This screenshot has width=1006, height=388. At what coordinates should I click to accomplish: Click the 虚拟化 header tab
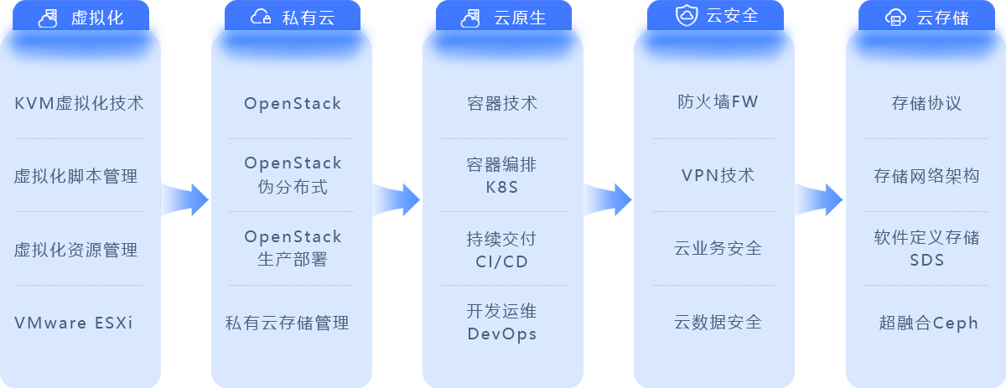(81, 17)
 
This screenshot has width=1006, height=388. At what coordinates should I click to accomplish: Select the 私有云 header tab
(293, 17)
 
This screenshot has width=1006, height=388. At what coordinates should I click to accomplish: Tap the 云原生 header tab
(504, 17)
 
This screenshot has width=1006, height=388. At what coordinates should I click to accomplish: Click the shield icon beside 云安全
(686, 16)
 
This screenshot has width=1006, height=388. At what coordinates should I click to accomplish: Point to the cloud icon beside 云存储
(895, 17)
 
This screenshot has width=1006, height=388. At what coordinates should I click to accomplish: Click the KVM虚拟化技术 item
(80, 103)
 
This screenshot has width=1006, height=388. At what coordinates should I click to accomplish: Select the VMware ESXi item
(74, 323)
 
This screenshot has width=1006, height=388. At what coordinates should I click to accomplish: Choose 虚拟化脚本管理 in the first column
(76, 176)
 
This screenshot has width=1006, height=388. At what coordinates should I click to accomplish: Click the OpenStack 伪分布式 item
(293, 174)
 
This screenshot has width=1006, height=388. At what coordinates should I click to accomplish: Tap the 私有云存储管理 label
(288, 323)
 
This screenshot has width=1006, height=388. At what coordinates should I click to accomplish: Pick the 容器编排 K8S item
(502, 174)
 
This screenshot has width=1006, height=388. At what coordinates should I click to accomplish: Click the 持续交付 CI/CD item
(502, 249)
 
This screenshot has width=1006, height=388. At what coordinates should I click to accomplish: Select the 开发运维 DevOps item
(502, 322)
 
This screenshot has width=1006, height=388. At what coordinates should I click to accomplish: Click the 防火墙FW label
(718, 102)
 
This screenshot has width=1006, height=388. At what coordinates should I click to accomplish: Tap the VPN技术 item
(718, 175)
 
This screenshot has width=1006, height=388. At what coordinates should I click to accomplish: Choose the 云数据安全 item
(718, 322)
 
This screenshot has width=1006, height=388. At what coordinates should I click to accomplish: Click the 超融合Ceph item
(929, 323)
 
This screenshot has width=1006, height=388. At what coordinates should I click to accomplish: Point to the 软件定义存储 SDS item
(926, 248)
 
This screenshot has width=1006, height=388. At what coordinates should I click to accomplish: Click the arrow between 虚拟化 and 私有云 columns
(185, 199)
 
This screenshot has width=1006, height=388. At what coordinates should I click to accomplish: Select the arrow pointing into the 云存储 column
(819, 199)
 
